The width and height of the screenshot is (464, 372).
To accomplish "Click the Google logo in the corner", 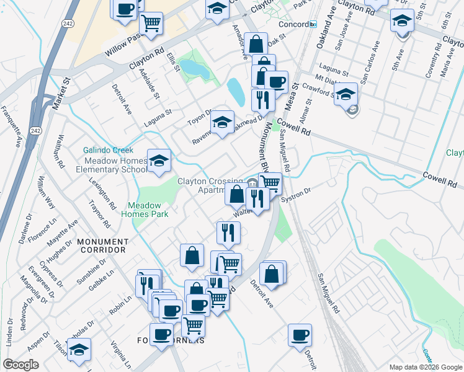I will tap(20, 365).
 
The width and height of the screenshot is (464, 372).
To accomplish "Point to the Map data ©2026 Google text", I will tap(424, 366).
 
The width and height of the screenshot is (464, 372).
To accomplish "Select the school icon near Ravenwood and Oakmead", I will tap(221, 122).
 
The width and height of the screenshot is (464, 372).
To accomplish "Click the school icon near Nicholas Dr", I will tap(79, 349).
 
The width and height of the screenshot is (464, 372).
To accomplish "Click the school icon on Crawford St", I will tap(346, 94).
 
